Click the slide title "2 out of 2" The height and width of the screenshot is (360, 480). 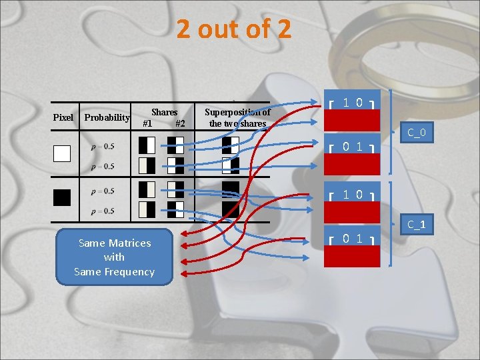(x=234, y=29)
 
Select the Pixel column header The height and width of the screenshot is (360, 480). (x=63, y=117)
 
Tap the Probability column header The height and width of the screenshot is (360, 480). (x=107, y=118)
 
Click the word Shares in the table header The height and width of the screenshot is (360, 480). (x=164, y=112)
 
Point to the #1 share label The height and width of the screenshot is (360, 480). (x=147, y=123)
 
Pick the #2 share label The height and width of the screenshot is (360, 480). (x=179, y=123)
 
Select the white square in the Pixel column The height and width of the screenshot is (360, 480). (x=62, y=154)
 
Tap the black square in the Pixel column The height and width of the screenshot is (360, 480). (x=62, y=197)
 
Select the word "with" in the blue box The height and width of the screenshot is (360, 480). (x=114, y=257)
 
